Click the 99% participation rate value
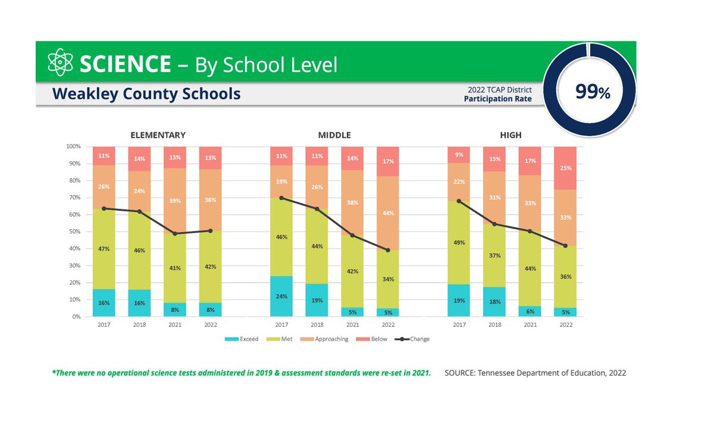point(593,92)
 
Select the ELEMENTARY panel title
point(158,135)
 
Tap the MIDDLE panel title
point(334,135)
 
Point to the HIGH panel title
point(511,135)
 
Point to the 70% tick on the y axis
point(73,198)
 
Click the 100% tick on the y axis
point(73,146)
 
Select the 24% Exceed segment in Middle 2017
point(281,296)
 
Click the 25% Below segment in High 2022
point(565,168)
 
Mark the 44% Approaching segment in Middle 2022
point(388,213)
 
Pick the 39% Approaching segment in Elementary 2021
point(175,201)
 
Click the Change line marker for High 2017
point(459,201)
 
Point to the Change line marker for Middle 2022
point(388,250)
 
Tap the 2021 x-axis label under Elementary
point(175,325)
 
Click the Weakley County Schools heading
point(146,93)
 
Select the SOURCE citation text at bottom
point(535,373)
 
